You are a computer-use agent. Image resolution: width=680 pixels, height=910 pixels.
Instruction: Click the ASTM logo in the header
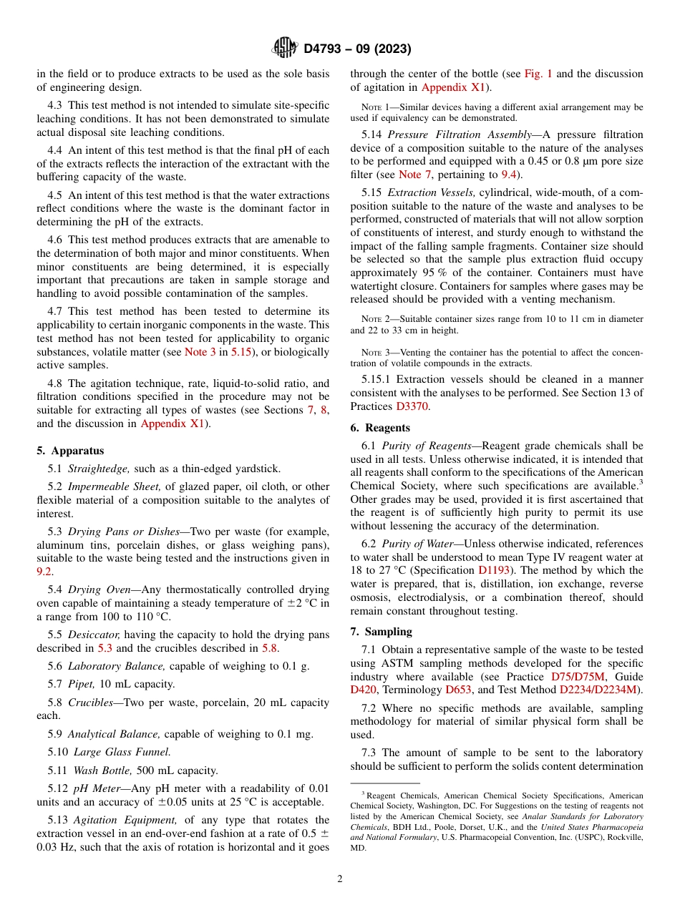286,49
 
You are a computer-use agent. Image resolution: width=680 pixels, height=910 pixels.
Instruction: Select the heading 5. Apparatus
70,451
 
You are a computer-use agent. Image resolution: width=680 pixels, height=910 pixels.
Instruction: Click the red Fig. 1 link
538,74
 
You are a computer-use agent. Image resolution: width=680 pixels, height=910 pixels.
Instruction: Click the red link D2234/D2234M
600,690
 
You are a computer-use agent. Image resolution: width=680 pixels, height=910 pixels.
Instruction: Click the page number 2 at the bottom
340,879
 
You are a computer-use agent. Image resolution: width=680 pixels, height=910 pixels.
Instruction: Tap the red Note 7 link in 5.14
409,175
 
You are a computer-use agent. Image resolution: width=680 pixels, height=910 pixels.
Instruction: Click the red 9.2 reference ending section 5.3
44,572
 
